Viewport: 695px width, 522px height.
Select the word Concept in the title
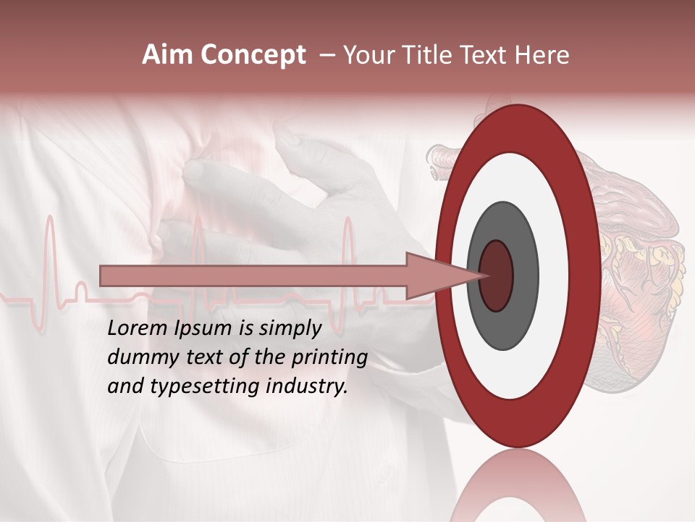pos(253,56)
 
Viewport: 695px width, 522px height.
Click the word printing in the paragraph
pos(329,357)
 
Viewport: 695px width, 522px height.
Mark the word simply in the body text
pos(290,328)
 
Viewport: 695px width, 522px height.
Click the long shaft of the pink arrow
pos(253,275)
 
